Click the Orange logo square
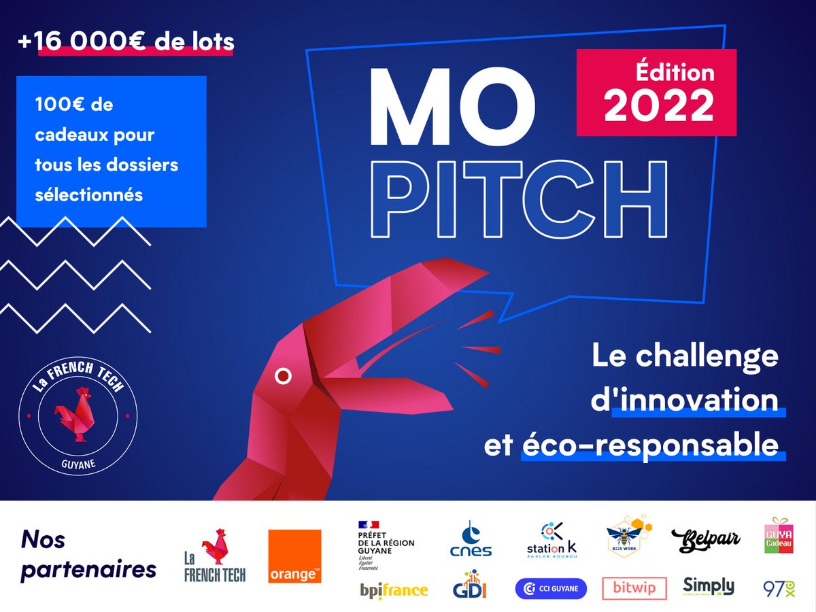click(294, 556)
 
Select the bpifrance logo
click(394, 590)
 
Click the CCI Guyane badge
click(551, 588)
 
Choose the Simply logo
click(709, 586)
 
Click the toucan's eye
click(283, 375)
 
